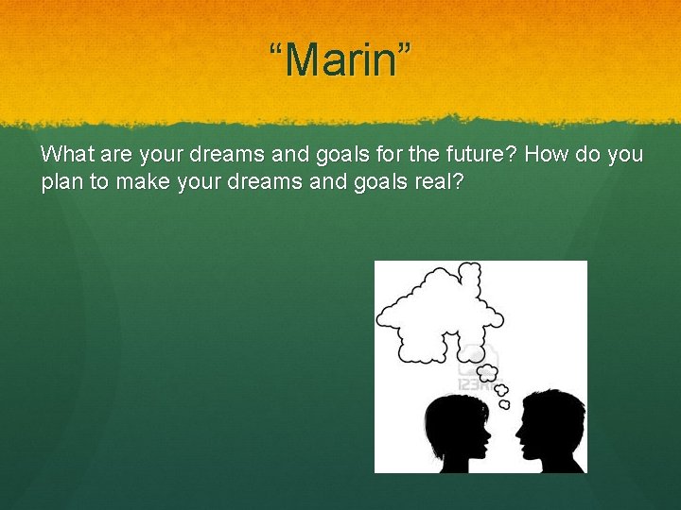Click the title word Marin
340,61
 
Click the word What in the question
65,154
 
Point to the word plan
62,182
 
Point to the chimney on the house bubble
468,275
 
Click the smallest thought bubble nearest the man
504,403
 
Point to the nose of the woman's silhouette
489,436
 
